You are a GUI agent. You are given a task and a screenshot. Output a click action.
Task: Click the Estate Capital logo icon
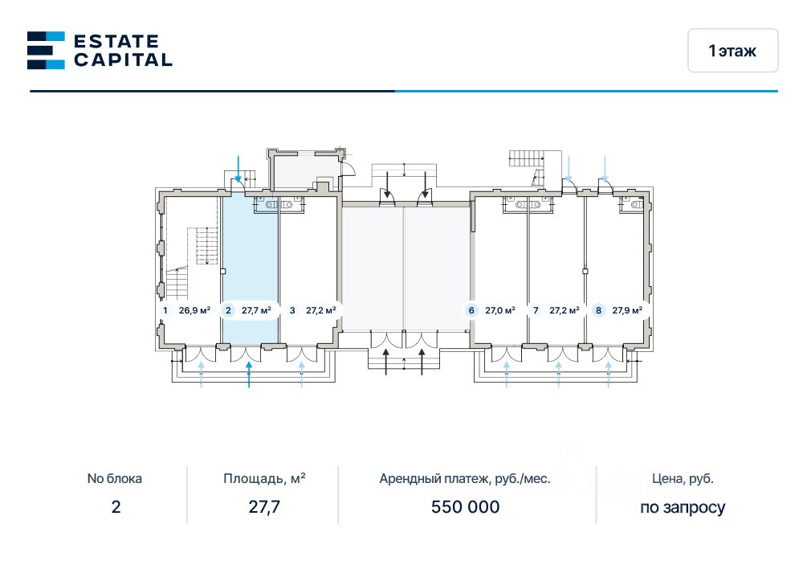[x=46, y=50]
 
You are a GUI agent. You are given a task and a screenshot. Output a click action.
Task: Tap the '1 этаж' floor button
[x=732, y=51]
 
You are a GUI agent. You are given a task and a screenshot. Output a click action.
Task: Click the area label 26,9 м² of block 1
[x=194, y=310]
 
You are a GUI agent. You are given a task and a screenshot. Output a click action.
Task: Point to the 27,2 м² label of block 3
[x=320, y=310]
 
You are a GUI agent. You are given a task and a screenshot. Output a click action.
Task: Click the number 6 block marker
[x=471, y=310]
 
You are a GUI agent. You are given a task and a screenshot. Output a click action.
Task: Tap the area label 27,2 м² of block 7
[x=565, y=310]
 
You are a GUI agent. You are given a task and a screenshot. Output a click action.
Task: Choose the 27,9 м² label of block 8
[x=627, y=310]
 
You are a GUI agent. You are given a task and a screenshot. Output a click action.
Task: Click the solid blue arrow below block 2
[x=249, y=375]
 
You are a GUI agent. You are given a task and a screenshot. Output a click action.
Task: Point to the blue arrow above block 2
[x=238, y=168]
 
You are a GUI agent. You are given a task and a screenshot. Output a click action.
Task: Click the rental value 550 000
[x=466, y=507]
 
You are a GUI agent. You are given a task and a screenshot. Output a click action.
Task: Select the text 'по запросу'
[x=683, y=507]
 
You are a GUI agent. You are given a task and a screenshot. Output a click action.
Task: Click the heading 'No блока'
[x=115, y=479]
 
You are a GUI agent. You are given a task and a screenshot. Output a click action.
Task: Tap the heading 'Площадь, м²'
[x=264, y=479]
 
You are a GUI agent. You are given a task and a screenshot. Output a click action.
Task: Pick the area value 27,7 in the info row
[x=264, y=507]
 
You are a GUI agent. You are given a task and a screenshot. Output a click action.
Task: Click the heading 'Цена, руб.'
[x=683, y=479]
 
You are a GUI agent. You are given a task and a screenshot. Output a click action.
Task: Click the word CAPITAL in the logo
[x=123, y=59]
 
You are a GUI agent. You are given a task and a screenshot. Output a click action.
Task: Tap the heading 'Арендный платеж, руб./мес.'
[x=465, y=479]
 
